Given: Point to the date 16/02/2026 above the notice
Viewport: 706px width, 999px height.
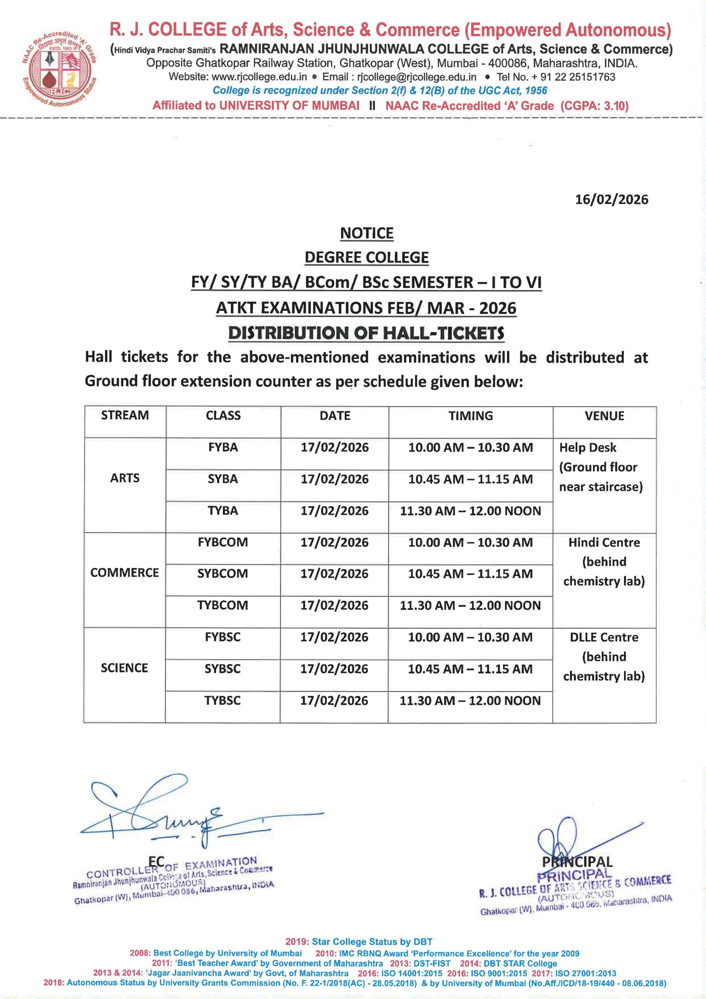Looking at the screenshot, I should (611, 200).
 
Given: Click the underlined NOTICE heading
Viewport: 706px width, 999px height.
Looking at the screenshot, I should (366, 234).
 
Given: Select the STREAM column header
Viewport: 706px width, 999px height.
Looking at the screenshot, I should (125, 416).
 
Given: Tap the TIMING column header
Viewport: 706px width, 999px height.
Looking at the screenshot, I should (471, 416).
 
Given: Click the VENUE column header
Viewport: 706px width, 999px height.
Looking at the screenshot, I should (604, 416).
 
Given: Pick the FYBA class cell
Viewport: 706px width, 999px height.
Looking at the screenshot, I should (223, 447).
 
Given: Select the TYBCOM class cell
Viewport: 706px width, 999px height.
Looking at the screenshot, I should (222, 605).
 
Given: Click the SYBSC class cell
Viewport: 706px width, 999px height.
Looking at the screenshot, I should (222, 669).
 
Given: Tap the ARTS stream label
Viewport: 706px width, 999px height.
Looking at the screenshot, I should (125, 478).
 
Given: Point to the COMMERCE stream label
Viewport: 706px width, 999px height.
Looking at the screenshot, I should (124, 572).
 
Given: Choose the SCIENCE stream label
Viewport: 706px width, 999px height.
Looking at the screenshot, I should (124, 668).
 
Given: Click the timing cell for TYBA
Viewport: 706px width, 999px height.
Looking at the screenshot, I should (470, 511).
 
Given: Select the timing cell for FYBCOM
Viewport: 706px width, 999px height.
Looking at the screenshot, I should (470, 542).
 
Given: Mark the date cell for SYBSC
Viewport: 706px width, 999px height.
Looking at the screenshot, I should (334, 669).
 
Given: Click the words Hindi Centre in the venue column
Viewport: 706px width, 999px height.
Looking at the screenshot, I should (604, 542).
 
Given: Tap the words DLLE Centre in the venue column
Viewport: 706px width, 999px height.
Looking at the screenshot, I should (604, 637).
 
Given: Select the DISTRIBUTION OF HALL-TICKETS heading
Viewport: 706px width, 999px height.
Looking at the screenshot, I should (366, 333).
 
